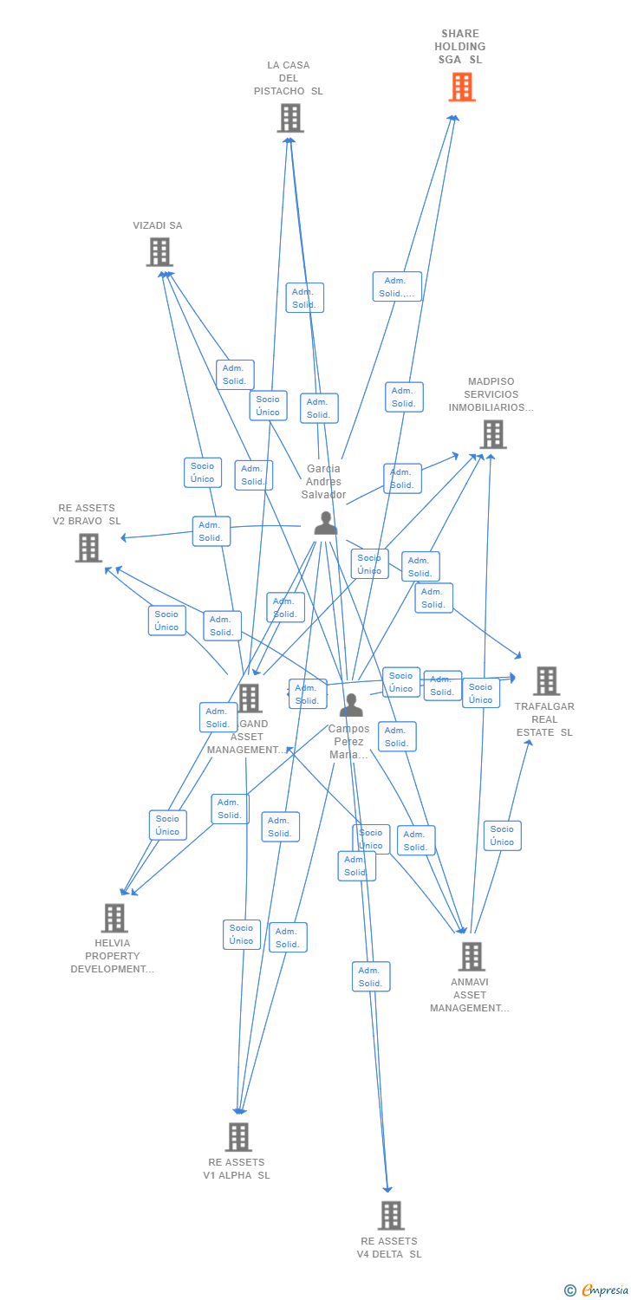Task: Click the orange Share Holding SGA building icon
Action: coord(462,87)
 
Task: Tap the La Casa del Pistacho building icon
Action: coord(290,118)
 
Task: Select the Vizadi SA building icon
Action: coord(159,252)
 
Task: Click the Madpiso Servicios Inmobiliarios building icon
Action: coord(492,434)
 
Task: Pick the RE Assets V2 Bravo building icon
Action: coord(88,548)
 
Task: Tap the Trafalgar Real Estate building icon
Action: coord(546,681)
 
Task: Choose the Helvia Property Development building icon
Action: coord(114,918)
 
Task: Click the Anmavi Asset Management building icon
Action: coord(471,957)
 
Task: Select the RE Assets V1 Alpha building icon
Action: coord(238,1137)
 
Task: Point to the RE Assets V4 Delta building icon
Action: coord(391,1216)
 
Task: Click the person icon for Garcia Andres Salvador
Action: coord(325,523)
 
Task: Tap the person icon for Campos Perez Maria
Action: coord(351,705)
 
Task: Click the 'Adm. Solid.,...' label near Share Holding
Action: coord(397,287)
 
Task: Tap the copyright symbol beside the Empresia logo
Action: coord(570,1290)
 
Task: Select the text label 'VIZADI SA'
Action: coord(158,225)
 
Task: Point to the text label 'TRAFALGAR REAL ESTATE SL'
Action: coord(544,719)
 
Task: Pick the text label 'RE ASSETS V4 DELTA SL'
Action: coord(389,1247)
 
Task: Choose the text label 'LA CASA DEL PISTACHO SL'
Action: coord(289,78)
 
